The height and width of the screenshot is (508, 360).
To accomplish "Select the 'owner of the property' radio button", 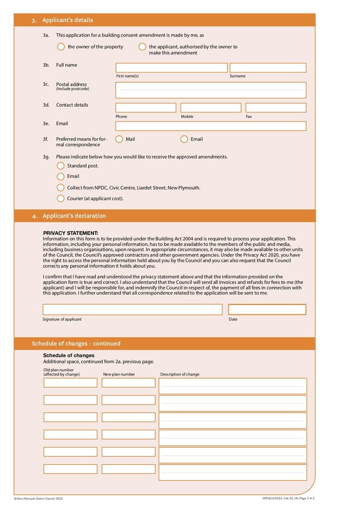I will pos(61,47).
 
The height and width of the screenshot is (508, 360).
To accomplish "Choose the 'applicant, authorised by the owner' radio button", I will pos(142,47).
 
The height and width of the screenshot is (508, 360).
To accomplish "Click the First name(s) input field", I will pos(171,68).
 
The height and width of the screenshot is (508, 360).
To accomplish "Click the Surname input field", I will pos(268,68).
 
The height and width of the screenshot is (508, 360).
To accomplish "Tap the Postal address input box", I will pos(211,90).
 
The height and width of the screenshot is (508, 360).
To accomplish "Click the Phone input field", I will pos(146,108).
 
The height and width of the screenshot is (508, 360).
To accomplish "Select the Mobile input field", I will pos(211,108).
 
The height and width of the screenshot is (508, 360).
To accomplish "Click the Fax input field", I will pos(276,108).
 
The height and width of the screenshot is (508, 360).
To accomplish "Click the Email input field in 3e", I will pos(211,126).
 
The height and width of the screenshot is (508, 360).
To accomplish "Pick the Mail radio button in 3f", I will pos(119,139).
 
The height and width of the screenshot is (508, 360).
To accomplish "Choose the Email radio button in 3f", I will pos(184,139).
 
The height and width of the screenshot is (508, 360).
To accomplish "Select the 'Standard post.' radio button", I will pos(61,165).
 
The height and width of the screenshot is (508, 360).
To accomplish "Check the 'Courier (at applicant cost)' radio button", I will pos(61,198).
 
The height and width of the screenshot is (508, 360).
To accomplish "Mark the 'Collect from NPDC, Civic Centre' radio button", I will pos(61,187).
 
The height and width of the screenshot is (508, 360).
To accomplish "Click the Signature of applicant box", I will pos(132,310).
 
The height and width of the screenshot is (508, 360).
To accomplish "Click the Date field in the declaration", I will pos(267,310).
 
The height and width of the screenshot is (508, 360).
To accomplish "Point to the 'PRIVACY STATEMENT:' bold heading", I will pos(71,233).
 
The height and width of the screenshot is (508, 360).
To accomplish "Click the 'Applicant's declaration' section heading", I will pos(74,216).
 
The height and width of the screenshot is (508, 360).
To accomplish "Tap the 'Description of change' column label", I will pos(180,374).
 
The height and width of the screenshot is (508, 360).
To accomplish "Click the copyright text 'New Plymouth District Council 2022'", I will pos(40,499).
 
